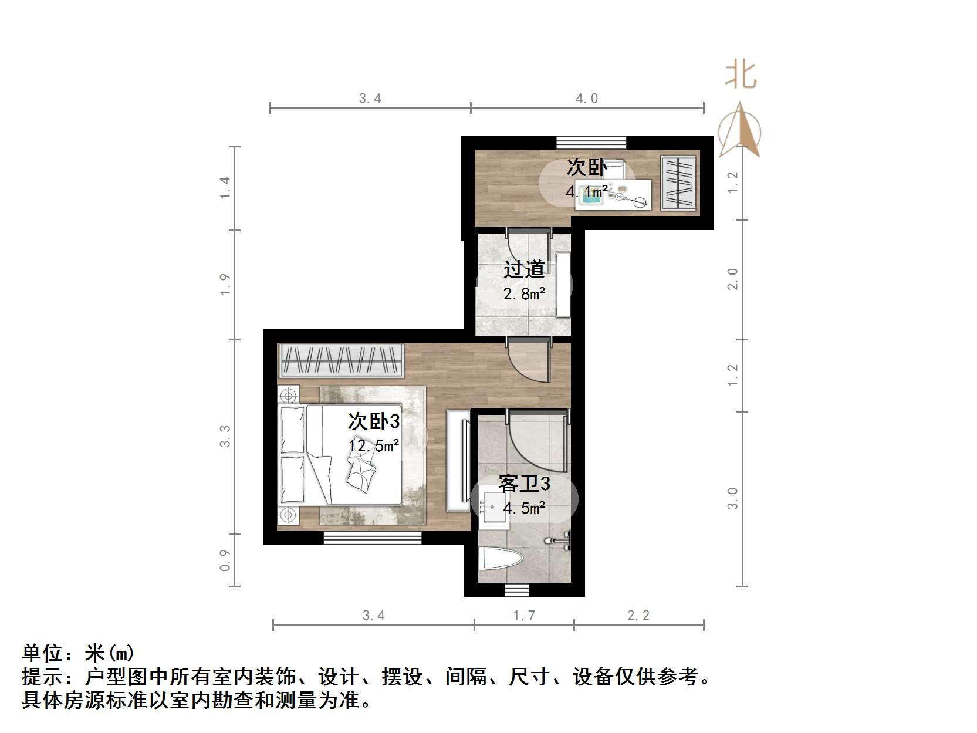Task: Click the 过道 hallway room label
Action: click(x=524, y=269)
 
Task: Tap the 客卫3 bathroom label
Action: click(x=524, y=484)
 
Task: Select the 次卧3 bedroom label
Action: click(x=374, y=421)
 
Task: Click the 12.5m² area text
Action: click(x=374, y=446)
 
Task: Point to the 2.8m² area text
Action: click(x=524, y=293)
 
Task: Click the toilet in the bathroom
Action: click(x=501, y=559)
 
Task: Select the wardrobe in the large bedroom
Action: click(x=341, y=360)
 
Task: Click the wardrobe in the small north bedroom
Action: click(x=678, y=183)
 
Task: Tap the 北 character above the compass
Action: click(x=741, y=76)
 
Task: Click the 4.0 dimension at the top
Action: click(x=586, y=99)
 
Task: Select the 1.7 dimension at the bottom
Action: click(x=524, y=615)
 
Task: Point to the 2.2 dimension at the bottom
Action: click(x=638, y=615)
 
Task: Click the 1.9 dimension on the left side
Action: click(x=225, y=285)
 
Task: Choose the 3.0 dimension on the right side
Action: click(x=733, y=498)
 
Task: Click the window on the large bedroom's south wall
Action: click(x=373, y=538)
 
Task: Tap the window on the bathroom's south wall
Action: click(x=517, y=590)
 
